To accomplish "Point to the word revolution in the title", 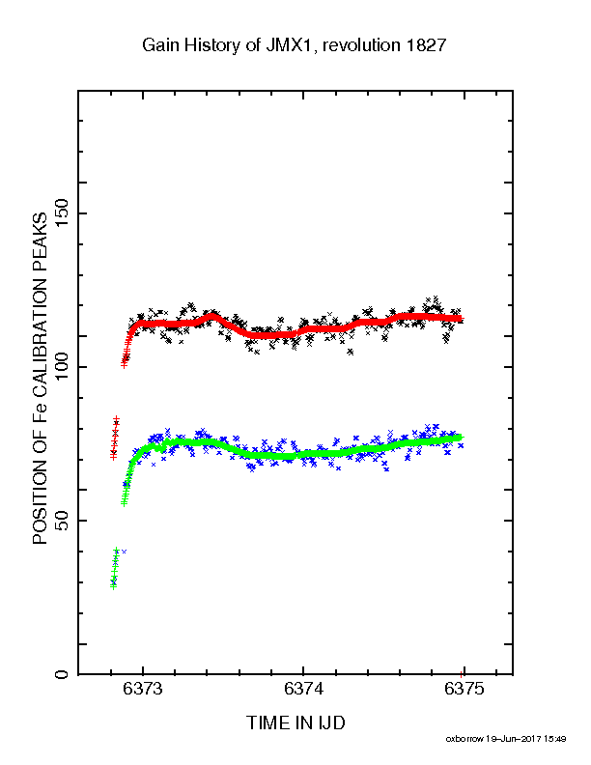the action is click(361, 45).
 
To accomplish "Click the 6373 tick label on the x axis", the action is click(142, 689).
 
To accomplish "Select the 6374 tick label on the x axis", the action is click(303, 689).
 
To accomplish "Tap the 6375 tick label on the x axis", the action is click(464, 689).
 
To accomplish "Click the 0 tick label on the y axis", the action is click(62, 674).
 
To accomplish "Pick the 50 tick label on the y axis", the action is click(62, 521).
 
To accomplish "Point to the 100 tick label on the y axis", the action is click(62, 367).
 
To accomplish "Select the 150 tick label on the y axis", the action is click(62, 213).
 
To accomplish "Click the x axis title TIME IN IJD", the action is click(296, 722).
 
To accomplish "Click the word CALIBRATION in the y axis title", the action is click(40, 331).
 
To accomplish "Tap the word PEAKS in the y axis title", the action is click(40, 242).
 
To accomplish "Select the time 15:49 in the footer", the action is click(555, 739).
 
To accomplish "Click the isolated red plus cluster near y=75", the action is click(115, 439).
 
